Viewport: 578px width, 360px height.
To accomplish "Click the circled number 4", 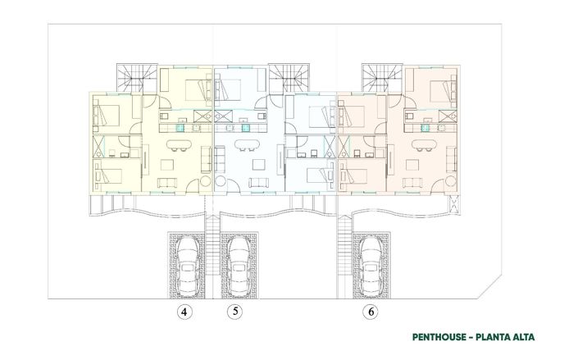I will (x=186, y=312).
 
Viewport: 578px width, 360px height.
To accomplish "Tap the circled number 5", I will (x=235, y=312).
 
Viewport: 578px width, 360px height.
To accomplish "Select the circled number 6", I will (x=372, y=312).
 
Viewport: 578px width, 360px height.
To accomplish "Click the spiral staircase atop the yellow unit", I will (x=134, y=77).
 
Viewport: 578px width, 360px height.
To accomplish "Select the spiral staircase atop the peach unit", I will (x=382, y=77).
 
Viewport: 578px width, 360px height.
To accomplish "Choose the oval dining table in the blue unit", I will (x=245, y=146).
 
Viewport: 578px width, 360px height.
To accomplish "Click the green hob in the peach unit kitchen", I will (x=425, y=127).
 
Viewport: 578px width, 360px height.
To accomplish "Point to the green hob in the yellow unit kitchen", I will (x=181, y=127).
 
